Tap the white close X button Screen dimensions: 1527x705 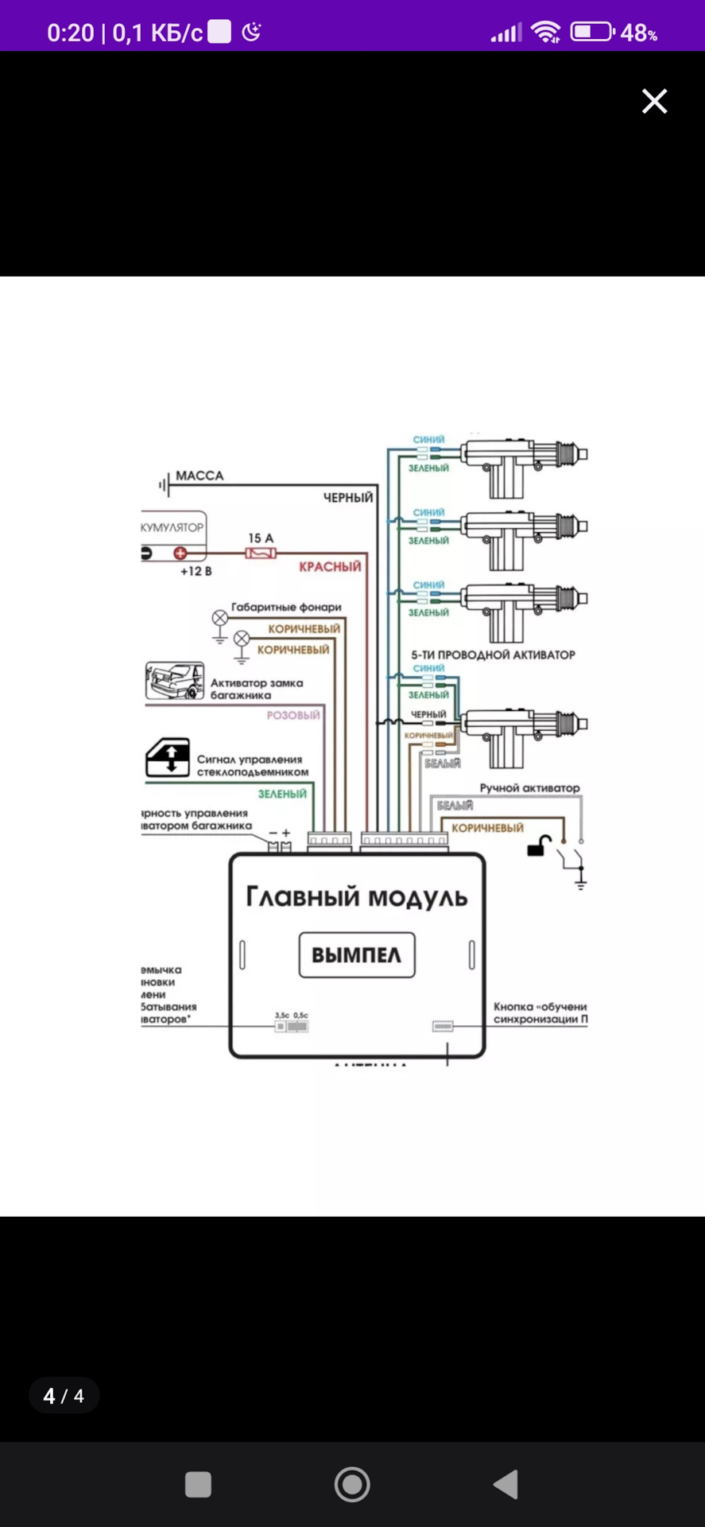(654, 101)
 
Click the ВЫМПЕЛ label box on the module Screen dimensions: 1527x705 (357, 954)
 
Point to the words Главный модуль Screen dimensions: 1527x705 (357, 897)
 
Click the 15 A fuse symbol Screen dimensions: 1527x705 (261, 553)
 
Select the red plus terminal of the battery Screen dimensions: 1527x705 (180, 553)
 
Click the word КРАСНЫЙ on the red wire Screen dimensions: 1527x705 (330, 567)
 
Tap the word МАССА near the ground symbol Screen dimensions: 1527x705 (199, 476)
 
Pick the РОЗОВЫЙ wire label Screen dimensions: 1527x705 (292, 715)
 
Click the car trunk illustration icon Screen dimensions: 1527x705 (175, 681)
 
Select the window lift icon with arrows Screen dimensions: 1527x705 (168, 758)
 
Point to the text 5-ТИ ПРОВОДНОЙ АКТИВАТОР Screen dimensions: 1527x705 (493, 655)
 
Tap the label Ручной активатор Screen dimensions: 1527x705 (529, 788)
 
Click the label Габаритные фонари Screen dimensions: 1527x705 (286, 607)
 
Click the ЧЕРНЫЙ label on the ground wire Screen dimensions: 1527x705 (348, 498)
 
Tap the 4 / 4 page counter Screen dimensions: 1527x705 (64, 1396)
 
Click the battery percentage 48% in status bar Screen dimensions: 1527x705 (638, 33)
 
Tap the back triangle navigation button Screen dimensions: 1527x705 (506, 1484)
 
